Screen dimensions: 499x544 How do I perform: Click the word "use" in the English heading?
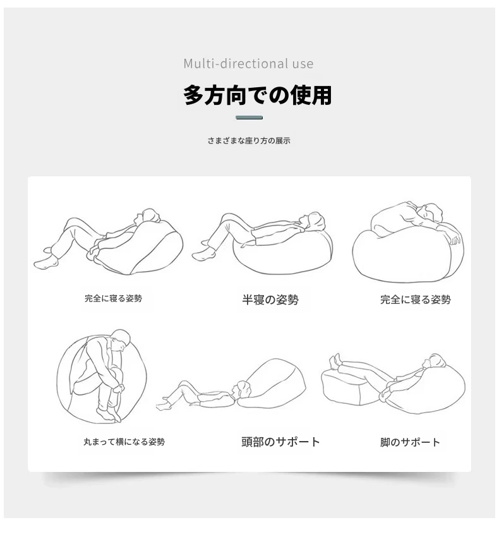pos(303,64)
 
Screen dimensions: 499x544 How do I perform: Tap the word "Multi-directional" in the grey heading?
pos(236,63)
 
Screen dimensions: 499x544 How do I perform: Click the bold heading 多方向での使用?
pos(258,95)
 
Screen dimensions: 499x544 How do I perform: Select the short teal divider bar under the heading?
pos(249,118)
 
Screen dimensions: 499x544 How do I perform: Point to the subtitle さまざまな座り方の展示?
pos(249,141)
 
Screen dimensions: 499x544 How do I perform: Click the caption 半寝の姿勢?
pos(270,299)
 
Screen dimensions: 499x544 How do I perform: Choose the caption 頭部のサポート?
pos(280,442)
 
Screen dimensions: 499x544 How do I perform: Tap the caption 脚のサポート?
pos(410,442)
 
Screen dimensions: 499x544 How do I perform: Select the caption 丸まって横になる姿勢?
pos(124,442)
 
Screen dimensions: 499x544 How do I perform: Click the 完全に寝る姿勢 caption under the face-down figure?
pos(416,299)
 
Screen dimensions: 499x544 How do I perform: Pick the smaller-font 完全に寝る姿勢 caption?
pos(114,298)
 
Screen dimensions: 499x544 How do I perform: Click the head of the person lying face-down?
pos(431,212)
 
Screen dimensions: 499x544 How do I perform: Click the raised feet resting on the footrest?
pos(335,361)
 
